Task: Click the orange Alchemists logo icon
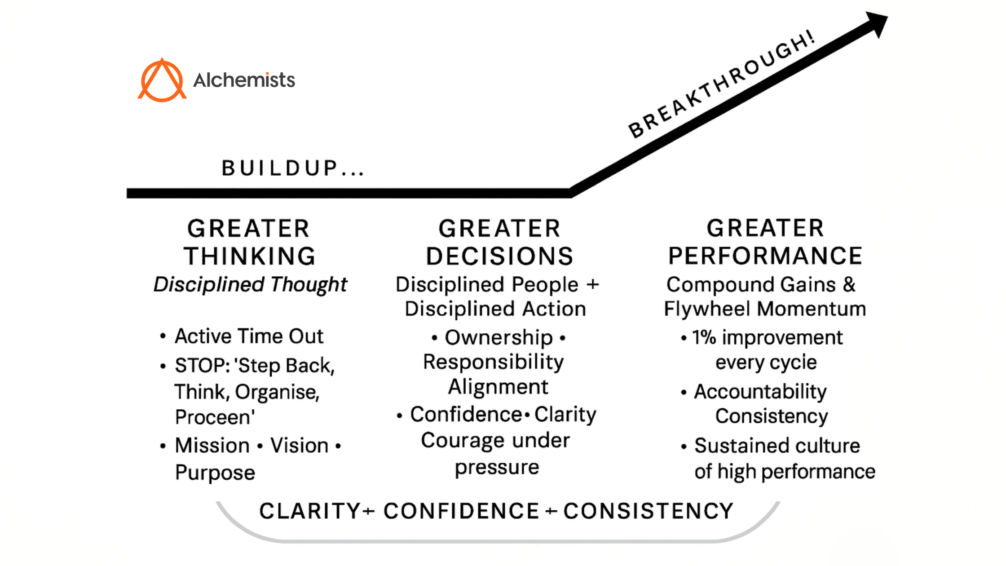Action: point(162,80)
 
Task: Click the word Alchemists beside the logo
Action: point(244,80)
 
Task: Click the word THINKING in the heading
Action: point(250,256)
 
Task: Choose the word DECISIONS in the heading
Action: point(499,256)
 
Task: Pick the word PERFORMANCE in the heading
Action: point(765,256)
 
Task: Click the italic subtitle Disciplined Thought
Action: point(250,284)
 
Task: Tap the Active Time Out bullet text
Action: point(249,336)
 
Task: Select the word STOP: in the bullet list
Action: point(202,365)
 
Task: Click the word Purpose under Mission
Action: point(215,473)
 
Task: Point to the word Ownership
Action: point(499,337)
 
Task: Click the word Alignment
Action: point(498,387)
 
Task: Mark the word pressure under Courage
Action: point(497,468)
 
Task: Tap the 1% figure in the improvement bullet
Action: point(704,337)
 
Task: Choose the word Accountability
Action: point(760,392)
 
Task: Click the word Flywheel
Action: point(707,309)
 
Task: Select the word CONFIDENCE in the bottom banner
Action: point(461,511)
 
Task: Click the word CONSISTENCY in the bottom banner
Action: point(648,511)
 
